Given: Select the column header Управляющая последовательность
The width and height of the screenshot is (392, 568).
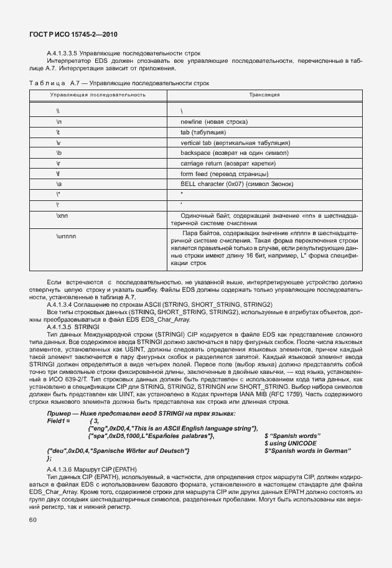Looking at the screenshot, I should pos(98,95).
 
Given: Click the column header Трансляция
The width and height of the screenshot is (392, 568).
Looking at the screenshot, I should pos(264,95).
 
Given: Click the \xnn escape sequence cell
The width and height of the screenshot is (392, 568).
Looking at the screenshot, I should pos(63,214).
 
